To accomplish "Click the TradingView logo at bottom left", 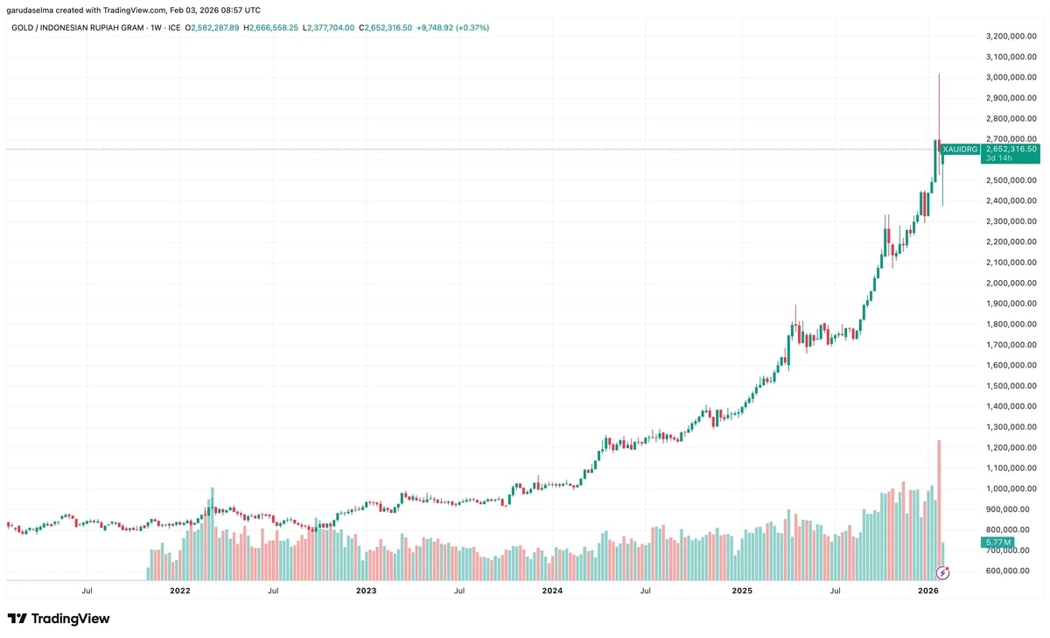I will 59,619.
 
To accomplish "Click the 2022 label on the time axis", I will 180,591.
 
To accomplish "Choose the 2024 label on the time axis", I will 552,591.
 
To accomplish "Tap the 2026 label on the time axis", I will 928,591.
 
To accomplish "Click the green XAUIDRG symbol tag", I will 960,150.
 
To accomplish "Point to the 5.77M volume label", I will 997,543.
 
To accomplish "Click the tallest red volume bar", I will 939,508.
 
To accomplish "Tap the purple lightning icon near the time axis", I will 942,573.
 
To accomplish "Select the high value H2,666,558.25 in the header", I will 274,28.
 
